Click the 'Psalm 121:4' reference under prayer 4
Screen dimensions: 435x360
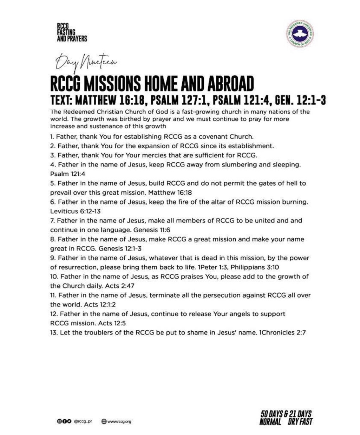pyautogui.click(x=68, y=174)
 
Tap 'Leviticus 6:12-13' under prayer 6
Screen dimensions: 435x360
pyautogui.click(x=71, y=211)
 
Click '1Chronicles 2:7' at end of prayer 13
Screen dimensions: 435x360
pyautogui.click(x=282, y=332)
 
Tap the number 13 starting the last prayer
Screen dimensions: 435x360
pyautogui.click(x=54, y=332)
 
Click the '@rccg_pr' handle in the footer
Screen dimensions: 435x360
pyautogui.click(x=83, y=421)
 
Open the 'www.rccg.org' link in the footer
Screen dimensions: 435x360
pyautogui.click(x=119, y=421)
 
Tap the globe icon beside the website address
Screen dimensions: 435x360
pyautogui.click(x=104, y=421)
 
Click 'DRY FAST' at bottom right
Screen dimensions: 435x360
pyautogui.click(x=300, y=422)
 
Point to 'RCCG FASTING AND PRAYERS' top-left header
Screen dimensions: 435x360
pyautogui.click(x=72, y=33)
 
